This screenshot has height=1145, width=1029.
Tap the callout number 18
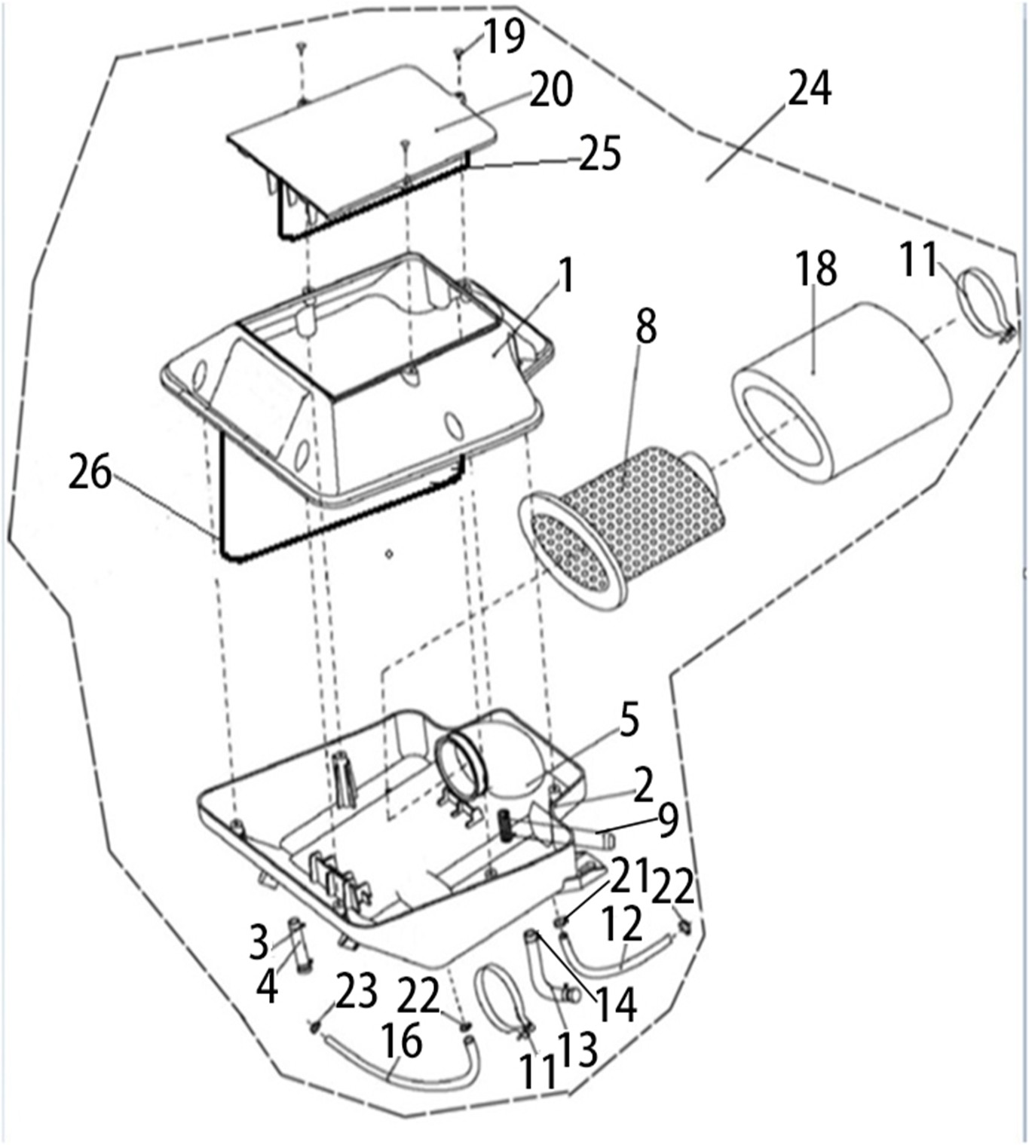(x=816, y=267)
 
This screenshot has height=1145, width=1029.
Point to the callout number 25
(x=599, y=154)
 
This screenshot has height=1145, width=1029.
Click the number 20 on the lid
(x=550, y=90)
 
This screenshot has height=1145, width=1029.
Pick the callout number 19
(x=504, y=36)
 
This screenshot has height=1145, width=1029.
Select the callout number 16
(x=401, y=1042)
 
